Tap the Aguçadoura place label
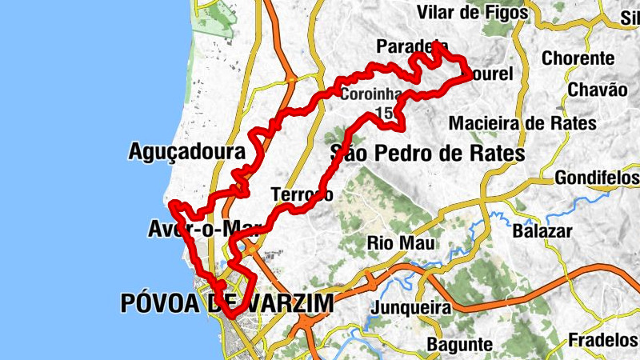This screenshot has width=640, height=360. [x=186, y=151]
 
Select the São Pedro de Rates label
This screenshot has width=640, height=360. [x=427, y=153]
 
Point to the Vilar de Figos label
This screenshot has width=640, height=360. [x=474, y=12]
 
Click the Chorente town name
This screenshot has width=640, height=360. [x=578, y=58]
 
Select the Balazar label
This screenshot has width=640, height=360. [x=544, y=231]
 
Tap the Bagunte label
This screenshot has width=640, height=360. [x=459, y=343]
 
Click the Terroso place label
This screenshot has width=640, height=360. [x=302, y=194]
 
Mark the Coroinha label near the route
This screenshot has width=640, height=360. [x=365, y=94]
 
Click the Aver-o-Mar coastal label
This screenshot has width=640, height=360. [x=195, y=229]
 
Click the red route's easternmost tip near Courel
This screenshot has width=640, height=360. [x=470, y=74]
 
